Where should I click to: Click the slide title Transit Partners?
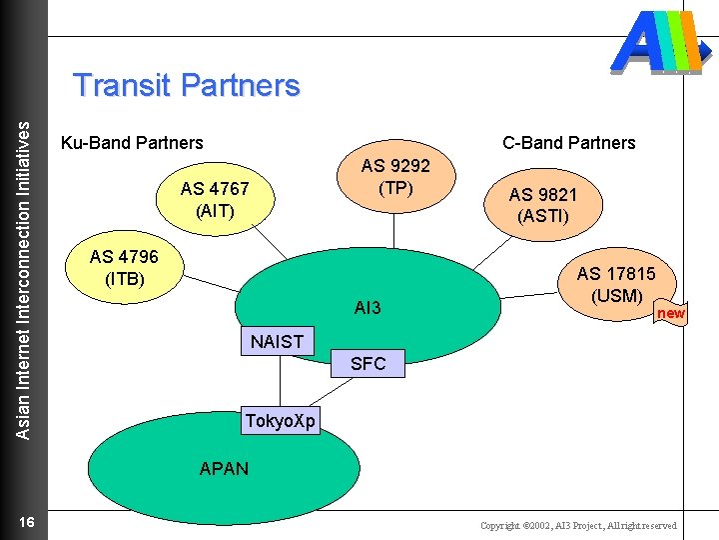[x=187, y=85]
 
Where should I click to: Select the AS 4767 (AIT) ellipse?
[x=214, y=200]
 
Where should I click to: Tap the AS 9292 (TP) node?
[x=395, y=177]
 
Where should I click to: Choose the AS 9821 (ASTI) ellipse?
[x=542, y=204]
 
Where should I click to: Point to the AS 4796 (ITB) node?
[x=124, y=267]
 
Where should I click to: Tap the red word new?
[x=670, y=313]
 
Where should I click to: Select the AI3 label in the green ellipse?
[x=367, y=308]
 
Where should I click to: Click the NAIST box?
[x=277, y=341]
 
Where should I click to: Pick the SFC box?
[x=367, y=364]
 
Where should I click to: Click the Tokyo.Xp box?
[x=280, y=421]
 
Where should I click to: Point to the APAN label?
[x=224, y=468]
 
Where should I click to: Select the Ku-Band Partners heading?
[x=132, y=143]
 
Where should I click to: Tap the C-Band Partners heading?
[x=568, y=143]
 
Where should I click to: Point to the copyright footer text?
[x=577, y=526]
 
